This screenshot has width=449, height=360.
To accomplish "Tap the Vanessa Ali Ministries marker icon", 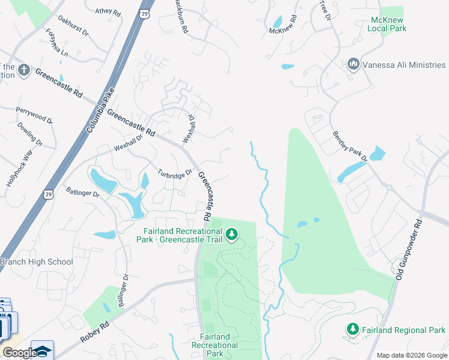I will coord(353,64).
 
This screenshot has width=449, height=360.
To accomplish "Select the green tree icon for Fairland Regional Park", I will coord(353,329).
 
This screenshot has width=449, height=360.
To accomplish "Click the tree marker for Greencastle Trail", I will coord(231,235).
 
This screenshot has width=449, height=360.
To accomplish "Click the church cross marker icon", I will coord(24,70).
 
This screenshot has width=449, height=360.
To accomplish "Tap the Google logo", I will coord(19,353).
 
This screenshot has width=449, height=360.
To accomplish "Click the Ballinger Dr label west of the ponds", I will coord(83,193).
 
